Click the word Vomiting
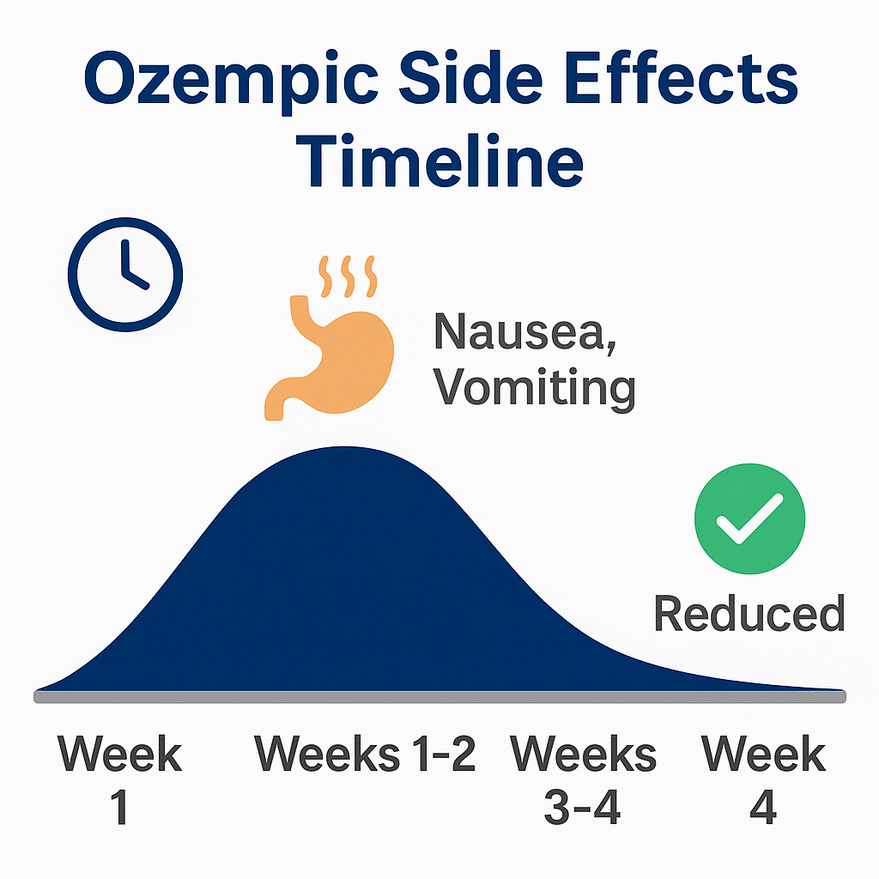point(534,389)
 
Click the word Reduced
point(749,614)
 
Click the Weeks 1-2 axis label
point(365,755)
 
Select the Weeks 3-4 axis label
point(584,779)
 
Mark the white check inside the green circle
point(749,520)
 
